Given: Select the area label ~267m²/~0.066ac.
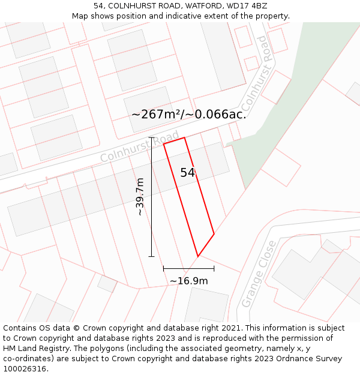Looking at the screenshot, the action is (x=188, y=114).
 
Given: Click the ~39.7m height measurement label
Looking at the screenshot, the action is (x=140, y=197).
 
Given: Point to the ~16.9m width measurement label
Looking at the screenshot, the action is (x=188, y=281).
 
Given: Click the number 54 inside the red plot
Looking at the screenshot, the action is (x=188, y=173).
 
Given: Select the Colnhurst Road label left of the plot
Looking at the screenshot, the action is (x=139, y=146).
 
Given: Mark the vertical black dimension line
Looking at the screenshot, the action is (x=151, y=197).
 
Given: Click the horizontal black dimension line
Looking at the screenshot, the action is (x=188, y=268).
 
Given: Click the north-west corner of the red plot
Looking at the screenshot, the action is (x=164, y=143).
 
